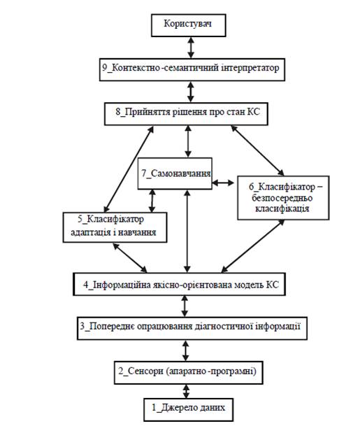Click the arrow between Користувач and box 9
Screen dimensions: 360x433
pyautogui.click(x=191, y=48)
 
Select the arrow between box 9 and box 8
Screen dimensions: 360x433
pyautogui.click(x=191, y=92)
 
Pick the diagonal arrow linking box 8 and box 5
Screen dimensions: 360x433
pyautogui.click(x=129, y=169)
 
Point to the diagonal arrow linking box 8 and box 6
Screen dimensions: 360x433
pyautogui.click(x=257, y=150)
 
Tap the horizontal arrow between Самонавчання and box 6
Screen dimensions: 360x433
pyautogui.click(x=223, y=183)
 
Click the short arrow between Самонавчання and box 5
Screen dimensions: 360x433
pyautogui.click(x=152, y=201)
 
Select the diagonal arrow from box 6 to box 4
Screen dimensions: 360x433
pyautogui.click(x=252, y=246)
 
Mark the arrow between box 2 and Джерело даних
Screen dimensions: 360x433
pyautogui.click(x=187, y=391)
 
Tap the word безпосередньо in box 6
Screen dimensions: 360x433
pyautogui.click(x=282, y=198)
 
